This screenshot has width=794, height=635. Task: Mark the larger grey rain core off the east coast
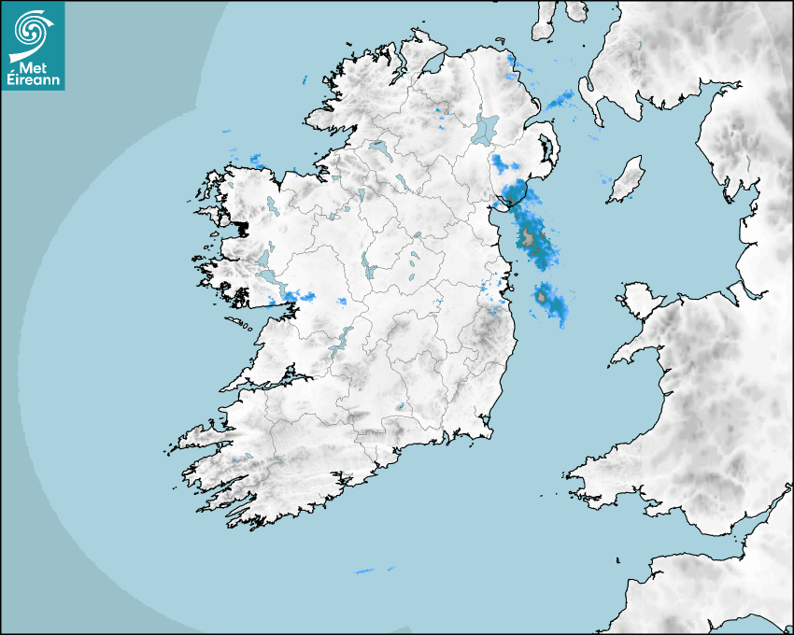tap(530, 237)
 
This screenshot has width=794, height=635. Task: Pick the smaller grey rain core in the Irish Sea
tap(541, 297)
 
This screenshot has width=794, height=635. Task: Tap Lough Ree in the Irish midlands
tap(369, 268)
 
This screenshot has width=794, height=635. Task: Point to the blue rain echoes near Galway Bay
tap(298, 297)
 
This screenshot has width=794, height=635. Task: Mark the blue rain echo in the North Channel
tap(561, 99)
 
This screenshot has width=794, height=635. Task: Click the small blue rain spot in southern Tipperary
tap(401, 406)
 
